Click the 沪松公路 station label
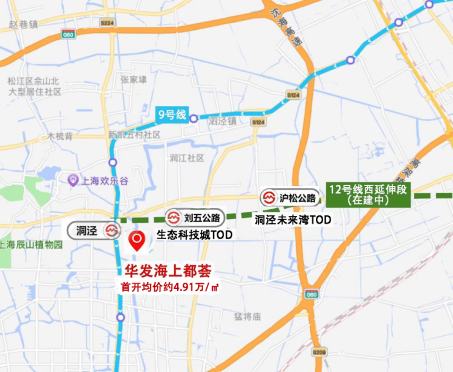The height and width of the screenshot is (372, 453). click(x=290, y=198)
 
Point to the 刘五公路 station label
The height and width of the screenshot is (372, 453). click(x=193, y=217)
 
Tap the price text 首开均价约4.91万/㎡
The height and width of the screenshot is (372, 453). click(x=169, y=286)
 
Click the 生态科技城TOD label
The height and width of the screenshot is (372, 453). click(x=194, y=235)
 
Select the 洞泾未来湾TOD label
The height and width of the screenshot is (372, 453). click(x=292, y=218)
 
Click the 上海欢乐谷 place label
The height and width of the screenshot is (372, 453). click(x=103, y=180)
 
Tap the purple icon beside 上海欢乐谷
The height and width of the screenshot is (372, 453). click(x=73, y=180)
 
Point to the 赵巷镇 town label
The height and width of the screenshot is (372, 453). click(x=24, y=24)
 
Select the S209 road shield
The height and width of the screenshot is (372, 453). click(x=319, y=353)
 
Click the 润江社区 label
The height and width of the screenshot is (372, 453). click(x=187, y=158)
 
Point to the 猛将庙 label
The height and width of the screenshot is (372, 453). click(x=247, y=316)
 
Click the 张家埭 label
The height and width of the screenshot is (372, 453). click(x=133, y=80)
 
